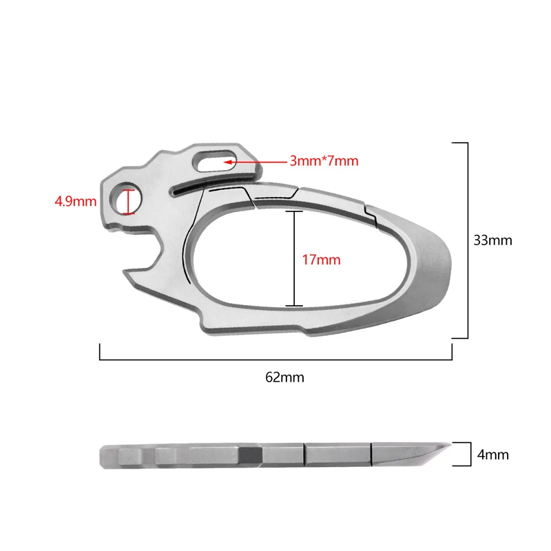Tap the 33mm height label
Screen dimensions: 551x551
click(x=492, y=240)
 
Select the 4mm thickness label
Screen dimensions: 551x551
click(x=492, y=455)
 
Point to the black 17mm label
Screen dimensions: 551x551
click(x=321, y=260)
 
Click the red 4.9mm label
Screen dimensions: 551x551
click(x=76, y=202)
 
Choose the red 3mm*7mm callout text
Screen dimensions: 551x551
click(x=324, y=161)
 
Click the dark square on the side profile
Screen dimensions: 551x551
click(x=250, y=455)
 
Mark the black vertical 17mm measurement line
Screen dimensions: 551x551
click(x=294, y=258)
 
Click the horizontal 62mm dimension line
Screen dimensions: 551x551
click(x=275, y=360)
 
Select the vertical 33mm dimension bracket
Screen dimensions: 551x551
click(x=468, y=240)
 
